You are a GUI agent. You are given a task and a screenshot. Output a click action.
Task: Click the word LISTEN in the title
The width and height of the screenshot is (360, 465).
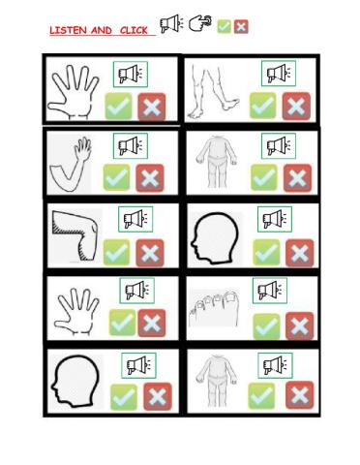pyautogui.click(x=66, y=31)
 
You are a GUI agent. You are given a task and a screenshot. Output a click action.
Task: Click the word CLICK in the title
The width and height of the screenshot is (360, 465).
pyautogui.click(x=134, y=31)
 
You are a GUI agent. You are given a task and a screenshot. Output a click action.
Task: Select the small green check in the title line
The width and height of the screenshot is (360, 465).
pyautogui.click(x=224, y=26)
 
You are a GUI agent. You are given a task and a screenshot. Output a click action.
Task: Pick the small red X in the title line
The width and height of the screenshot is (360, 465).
pyautogui.click(x=241, y=26)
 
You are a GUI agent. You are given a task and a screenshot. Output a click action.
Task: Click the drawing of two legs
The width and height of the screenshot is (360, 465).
pyautogui.click(x=215, y=89)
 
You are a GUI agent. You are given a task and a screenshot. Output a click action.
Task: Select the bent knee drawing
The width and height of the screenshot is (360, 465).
pyautogui.click(x=74, y=235)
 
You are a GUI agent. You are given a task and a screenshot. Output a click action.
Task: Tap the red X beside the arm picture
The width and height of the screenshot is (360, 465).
pyautogui.click(x=149, y=178)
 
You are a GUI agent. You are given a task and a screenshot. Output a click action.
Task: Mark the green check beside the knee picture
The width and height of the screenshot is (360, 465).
pyautogui.click(x=117, y=254)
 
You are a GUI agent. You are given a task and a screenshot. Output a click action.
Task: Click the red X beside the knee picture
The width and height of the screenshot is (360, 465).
pyautogui.click(x=149, y=254)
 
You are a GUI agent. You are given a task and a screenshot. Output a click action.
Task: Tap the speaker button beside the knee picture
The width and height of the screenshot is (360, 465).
pyautogui.click(x=132, y=220)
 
